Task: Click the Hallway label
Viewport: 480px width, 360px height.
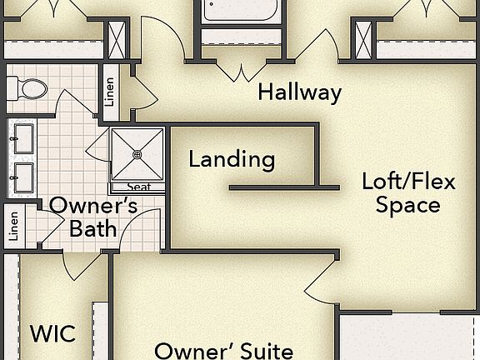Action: tap(299, 92)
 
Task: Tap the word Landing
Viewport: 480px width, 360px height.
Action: tap(232, 158)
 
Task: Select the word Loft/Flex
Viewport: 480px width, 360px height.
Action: tap(408, 181)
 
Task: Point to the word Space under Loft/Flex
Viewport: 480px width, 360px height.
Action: tap(408, 204)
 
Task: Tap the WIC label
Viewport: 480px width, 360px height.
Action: tap(52, 334)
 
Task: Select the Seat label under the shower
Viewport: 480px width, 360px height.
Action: tap(138, 187)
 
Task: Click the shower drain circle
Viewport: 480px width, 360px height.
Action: tap(138, 154)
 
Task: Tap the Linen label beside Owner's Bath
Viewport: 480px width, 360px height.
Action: tap(12, 226)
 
